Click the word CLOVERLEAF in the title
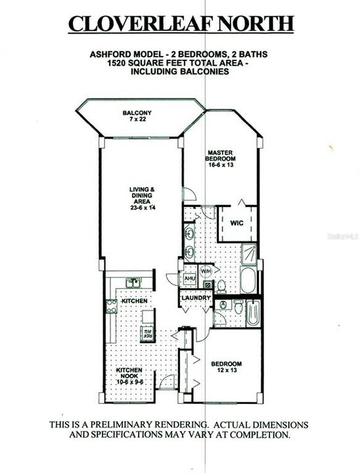tap(138, 24)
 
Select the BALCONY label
tap(137, 113)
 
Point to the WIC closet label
tap(237, 223)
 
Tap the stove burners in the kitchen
tap(110, 305)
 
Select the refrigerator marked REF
tap(146, 332)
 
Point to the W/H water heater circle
tap(206, 271)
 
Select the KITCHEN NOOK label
tap(130, 375)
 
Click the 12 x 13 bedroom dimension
tap(226, 372)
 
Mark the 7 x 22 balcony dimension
tap(137, 121)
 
